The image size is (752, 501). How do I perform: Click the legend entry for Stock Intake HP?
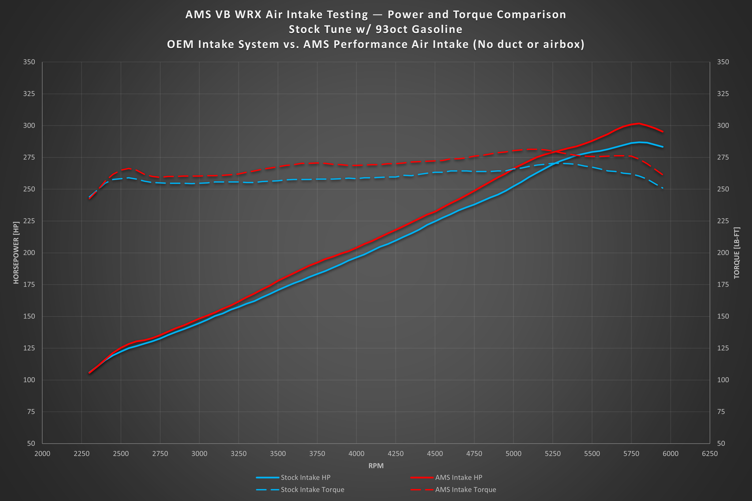click(x=293, y=477)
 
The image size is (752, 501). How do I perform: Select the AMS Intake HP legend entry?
click(x=446, y=477)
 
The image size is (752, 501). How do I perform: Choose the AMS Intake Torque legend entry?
click(x=453, y=489)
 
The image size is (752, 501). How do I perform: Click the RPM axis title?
click(x=376, y=466)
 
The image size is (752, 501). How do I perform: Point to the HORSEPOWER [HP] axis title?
click(x=16, y=252)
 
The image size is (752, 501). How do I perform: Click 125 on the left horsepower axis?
click(x=29, y=348)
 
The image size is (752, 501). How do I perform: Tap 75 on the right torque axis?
click(x=721, y=412)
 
